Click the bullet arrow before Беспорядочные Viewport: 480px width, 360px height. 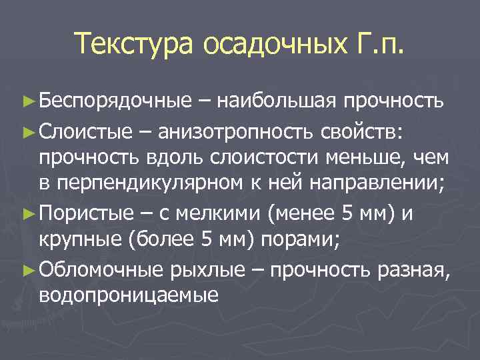coord(27,101)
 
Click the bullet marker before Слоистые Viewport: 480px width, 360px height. coord(27,131)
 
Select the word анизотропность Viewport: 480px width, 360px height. coord(229,131)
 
